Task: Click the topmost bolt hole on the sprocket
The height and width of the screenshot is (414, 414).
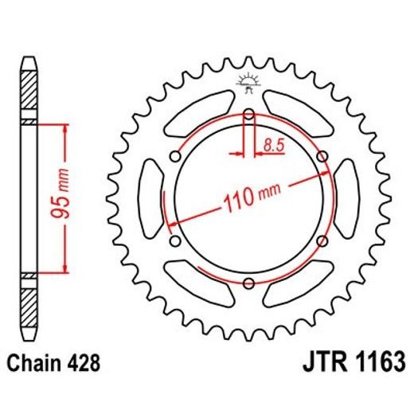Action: click(x=248, y=115)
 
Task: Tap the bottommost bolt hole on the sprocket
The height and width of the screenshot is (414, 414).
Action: click(x=248, y=282)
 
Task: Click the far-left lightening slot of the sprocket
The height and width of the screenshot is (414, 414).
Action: click(x=150, y=198)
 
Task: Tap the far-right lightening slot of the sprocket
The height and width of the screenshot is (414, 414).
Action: click(x=346, y=198)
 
